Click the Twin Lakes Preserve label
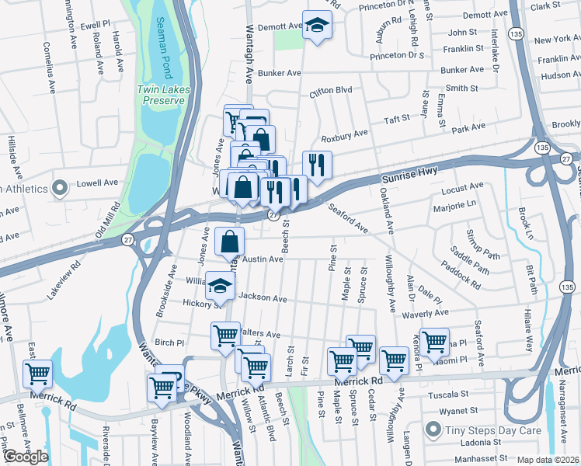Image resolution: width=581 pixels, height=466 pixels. [x=161, y=95]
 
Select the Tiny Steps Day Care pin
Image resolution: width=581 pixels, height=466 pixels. [x=433, y=429]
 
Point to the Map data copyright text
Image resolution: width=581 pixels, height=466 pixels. [x=548, y=460]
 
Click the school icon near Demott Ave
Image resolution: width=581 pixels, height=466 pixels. [x=316, y=26]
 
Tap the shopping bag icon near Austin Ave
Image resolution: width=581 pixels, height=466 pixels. [x=230, y=242]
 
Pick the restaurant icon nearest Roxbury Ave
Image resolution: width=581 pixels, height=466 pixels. [x=317, y=164]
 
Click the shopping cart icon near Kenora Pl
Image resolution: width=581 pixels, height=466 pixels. [x=434, y=341]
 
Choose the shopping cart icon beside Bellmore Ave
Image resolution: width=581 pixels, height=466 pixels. [x=37, y=374]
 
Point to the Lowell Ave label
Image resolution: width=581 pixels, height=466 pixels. [x=97, y=183]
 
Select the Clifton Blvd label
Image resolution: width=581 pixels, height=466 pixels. [x=331, y=91]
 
